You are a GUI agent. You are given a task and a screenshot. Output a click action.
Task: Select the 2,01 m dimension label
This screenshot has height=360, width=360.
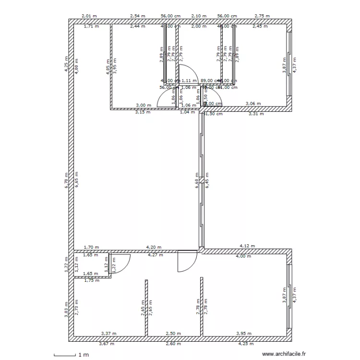[89, 16]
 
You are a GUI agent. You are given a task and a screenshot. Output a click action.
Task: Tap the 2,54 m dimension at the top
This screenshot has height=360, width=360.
[138, 16]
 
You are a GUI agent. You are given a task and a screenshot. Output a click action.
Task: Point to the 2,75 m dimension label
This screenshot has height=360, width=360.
[262, 16]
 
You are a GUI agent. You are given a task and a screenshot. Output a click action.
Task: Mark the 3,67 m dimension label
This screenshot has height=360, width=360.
[107, 344]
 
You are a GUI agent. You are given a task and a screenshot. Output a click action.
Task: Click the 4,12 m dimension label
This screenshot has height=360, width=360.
[247, 246]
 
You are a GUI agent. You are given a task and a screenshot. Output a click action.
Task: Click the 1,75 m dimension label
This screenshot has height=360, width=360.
[91, 280]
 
